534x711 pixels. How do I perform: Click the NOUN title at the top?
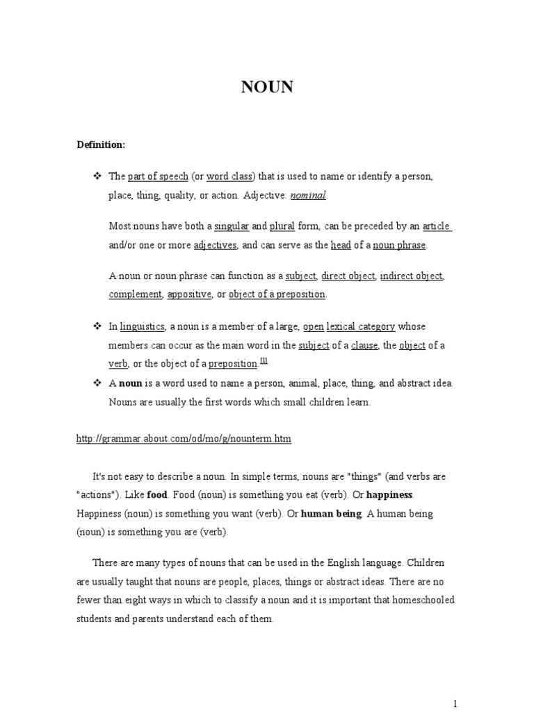click(267, 87)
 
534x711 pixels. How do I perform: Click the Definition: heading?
click(101, 144)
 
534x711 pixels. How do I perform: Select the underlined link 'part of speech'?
click(158, 177)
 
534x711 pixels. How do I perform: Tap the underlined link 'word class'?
click(229, 177)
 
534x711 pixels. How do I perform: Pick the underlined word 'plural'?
click(283, 226)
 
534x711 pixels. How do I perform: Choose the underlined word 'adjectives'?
click(216, 244)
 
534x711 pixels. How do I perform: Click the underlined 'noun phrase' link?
click(399, 244)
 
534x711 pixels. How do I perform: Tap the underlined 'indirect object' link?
click(412, 276)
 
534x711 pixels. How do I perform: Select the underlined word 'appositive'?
click(189, 294)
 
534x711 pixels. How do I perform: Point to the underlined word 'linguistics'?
click(142, 326)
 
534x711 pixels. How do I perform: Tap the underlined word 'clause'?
click(364, 345)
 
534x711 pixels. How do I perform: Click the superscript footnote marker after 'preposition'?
click(264, 360)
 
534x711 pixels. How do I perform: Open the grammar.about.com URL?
click(184, 439)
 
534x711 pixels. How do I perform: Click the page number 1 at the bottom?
click(455, 703)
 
